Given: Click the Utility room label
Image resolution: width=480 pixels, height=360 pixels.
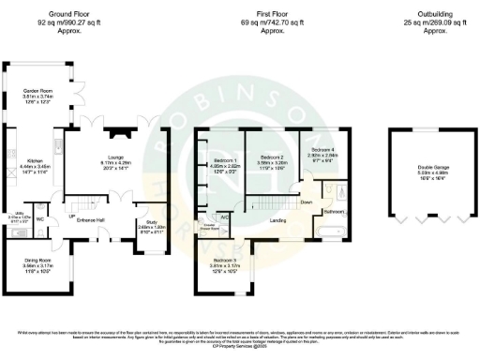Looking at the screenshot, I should click(x=16, y=215).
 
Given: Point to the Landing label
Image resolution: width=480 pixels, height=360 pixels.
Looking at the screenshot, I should click(x=278, y=220).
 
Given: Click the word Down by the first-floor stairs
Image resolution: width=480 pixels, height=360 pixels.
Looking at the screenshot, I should click(x=306, y=202).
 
